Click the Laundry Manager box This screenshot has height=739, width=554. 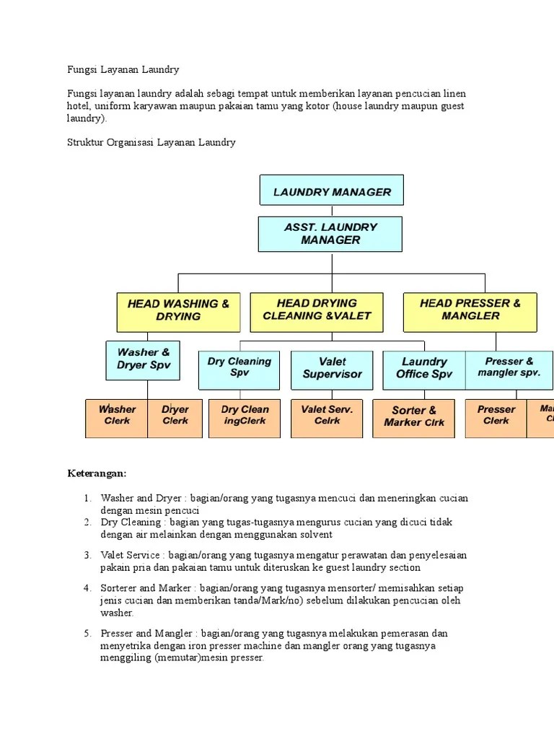(331, 191)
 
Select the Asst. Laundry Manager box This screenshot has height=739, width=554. (330, 234)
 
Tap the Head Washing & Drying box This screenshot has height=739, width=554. (177, 311)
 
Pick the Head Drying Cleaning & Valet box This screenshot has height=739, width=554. (317, 311)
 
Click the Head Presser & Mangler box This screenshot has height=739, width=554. (470, 311)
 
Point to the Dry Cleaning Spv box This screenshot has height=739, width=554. (239, 369)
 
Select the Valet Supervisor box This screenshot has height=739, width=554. (332, 369)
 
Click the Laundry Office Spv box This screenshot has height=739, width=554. (424, 369)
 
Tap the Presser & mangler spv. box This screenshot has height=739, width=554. (509, 369)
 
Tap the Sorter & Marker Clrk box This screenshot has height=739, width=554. (414, 418)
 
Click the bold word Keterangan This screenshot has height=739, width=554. (97, 473)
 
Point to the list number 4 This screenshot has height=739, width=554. (87, 588)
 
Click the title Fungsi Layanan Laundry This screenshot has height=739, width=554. (123, 70)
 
